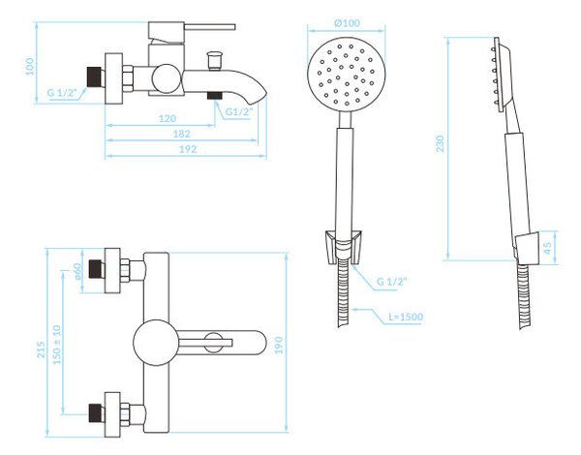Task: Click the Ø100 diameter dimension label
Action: click(347, 23)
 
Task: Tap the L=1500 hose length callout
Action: click(406, 317)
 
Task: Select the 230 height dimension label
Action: click(440, 144)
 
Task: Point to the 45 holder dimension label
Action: click(547, 245)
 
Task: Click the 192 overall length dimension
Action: click(188, 149)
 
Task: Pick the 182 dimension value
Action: click(182, 134)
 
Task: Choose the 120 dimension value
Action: click(168, 118)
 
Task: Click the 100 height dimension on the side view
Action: click(30, 67)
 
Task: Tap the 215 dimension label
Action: click(41, 350)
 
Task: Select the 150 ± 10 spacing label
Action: click(57, 345)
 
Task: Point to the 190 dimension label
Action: click(279, 346)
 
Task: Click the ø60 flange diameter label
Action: click(76, 271)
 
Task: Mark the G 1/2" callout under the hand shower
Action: click(391, 281)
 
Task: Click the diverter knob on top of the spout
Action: click(215, 60)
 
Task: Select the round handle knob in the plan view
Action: click(156, 343)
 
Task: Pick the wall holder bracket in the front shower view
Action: click(343, 247)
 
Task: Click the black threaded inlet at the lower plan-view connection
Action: click(97, 413)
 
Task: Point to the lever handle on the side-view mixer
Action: click(209, 27)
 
